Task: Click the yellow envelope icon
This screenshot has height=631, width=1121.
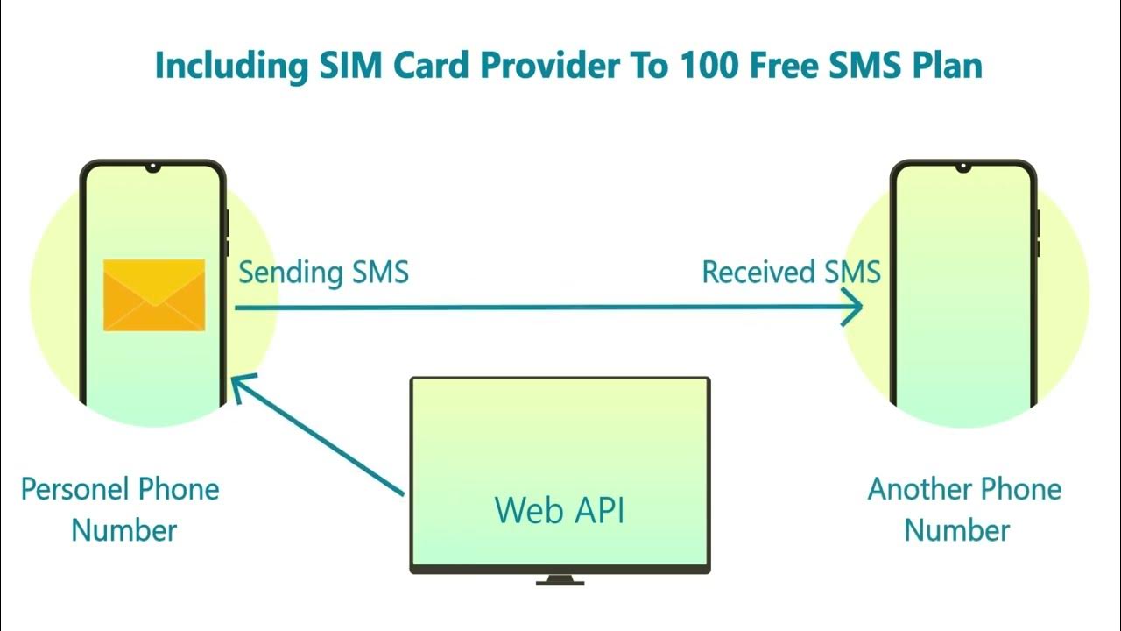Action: tap(154, 295)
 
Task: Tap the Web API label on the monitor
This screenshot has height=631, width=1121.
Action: tap(560, 510)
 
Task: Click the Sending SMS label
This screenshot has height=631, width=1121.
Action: tap(323, 272)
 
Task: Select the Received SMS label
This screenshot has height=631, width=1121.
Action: tap(791, 272)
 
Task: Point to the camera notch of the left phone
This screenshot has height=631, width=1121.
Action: tap(154, 167)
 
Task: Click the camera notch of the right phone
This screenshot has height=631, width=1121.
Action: tap(964, 167)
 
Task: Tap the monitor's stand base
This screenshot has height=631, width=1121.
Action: tap(560, 579)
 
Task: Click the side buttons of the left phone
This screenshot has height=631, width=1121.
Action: tap(228, 232)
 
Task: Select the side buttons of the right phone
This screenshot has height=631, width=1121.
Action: tap(1039, 232)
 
